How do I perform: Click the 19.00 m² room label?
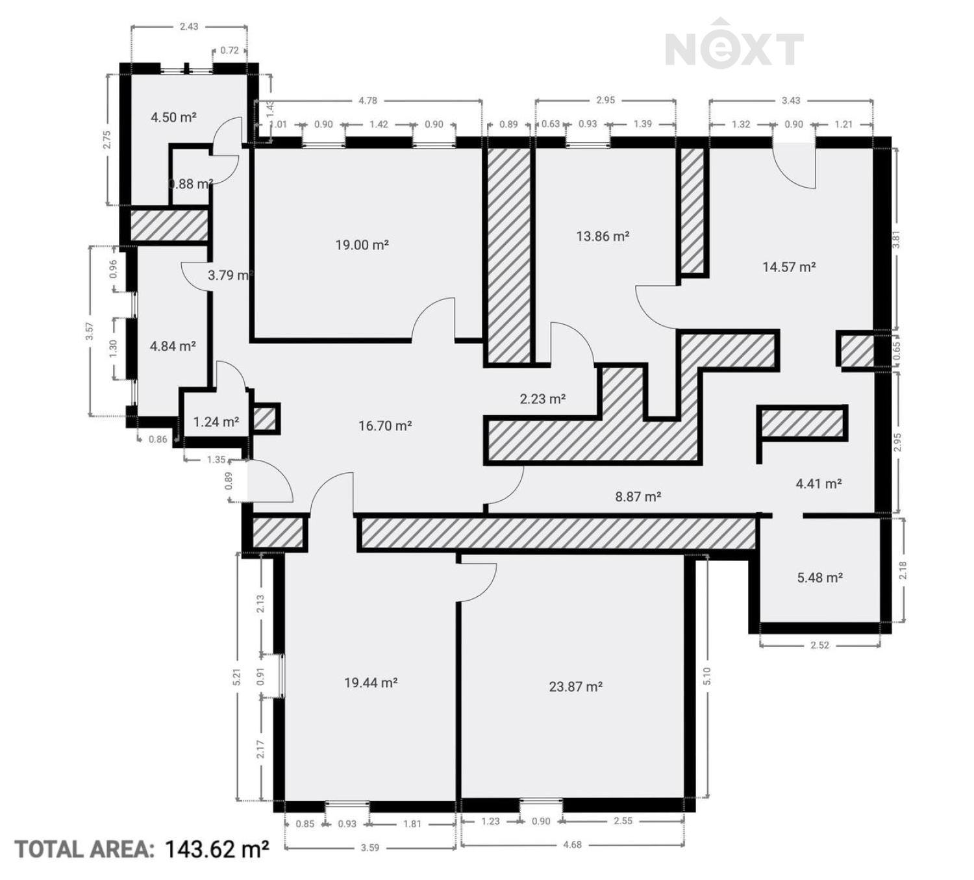click(x=362, y=245)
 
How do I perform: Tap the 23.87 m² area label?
click(x=575, y=686)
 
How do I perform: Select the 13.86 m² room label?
click(x=603, y=236)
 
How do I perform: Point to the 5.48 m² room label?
click(x=819, y=577)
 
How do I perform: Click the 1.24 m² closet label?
click(x=216, y=421)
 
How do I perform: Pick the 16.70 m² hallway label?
click(x=385, y=426)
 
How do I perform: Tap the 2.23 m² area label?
click(x=542, y=399)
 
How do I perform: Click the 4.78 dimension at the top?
click(x=368, y=101)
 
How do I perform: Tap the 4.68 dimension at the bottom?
click(x=572, y=844)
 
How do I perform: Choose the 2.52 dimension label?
click(x=819, y=645)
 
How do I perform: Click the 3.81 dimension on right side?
click(x=896, y=239)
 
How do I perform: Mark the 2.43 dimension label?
click(x=189, y=26)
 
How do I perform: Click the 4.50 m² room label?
click(x=173, y=117)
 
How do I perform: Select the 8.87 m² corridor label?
click(x=638, y=497)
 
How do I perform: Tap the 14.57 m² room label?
click(x=789, y=267)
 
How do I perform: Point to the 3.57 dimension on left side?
click(x=90, y=331)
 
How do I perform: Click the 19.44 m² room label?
click(x=371, y=683)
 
